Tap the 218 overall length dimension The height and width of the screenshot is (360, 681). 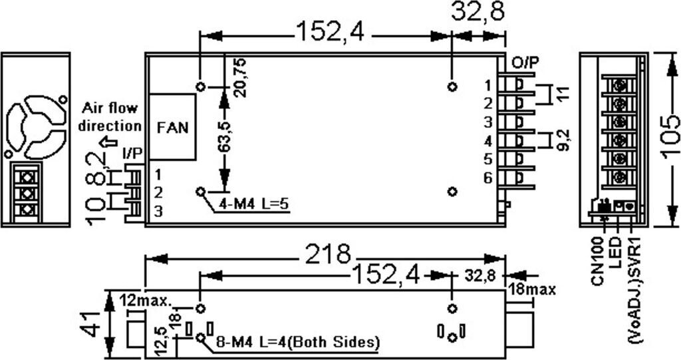(x=327, y=254)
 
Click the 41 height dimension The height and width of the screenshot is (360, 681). (x=90, y=324)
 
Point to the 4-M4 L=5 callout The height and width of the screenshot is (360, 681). (x=253, y=204)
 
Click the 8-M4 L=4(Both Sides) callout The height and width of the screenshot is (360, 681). (x=297, y=342)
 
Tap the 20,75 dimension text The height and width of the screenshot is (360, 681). (x=240, y=77)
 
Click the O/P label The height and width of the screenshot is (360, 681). (x=525, y=63)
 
